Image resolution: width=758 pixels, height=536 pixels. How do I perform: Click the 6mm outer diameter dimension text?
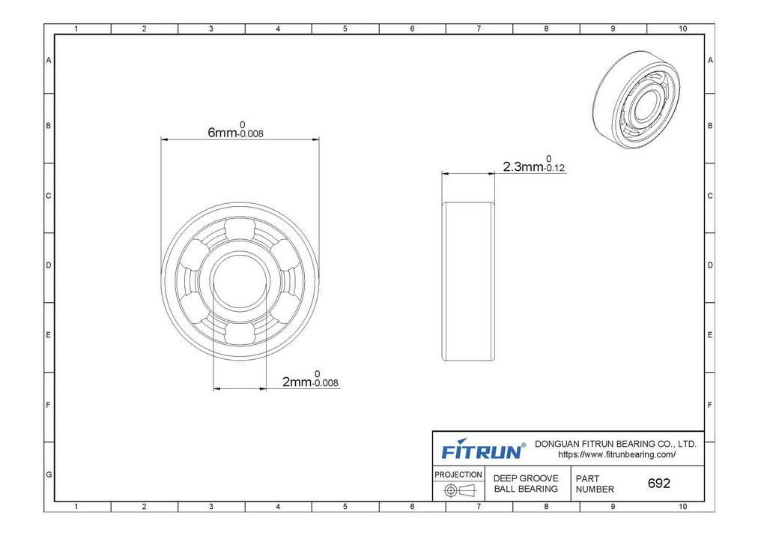(x=235, y=130)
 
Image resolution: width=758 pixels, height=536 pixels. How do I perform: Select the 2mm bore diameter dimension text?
(x=310, y=379)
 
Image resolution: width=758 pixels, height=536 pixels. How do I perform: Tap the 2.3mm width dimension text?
(x=534, y=164)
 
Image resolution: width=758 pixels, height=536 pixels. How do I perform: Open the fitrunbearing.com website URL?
(x=617, y=455)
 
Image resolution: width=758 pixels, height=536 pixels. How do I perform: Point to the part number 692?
(x=659, y=484)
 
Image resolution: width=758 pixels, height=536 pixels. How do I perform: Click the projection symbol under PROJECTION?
(x=460, y=490)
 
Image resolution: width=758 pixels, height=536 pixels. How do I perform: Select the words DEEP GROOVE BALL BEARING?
(x=526, y=484)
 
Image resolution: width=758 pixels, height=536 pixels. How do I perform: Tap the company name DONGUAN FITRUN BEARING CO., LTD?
(x=616, y=444)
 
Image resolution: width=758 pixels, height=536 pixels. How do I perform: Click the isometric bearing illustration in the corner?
(x=636, y=99)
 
